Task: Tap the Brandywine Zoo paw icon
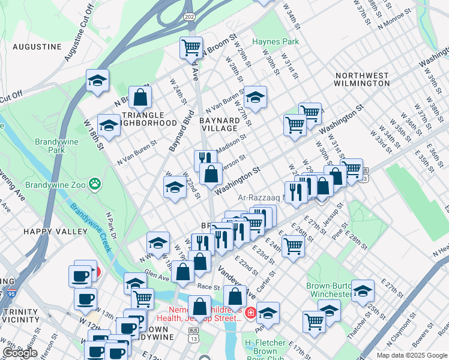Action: (94, 182)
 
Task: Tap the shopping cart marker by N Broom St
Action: (191, 47)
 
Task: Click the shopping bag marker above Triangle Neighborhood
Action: (140, 97)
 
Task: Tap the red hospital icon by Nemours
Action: (250, 313)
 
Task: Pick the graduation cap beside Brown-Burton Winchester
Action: (363, 291)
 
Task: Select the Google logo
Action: (20, 353)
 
